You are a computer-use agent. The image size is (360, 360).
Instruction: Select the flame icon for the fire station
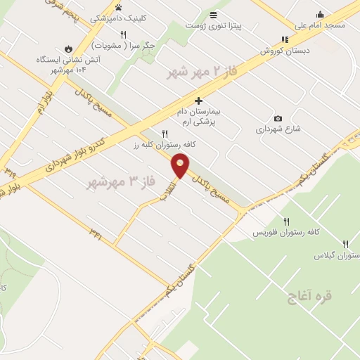click(67, 49)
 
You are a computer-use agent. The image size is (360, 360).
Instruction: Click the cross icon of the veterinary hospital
click(200, 101)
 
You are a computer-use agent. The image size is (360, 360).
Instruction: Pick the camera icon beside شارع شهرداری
click(278, 118)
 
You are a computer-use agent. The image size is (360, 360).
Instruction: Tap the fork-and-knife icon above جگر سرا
click(123, 34)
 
